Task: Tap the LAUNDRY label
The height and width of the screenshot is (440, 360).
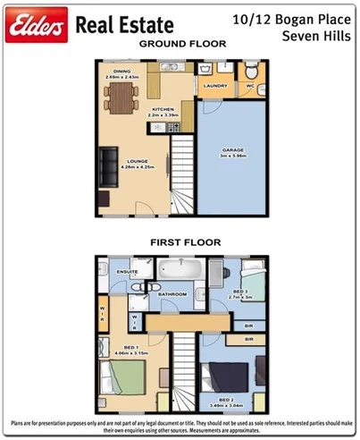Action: click(216, 86)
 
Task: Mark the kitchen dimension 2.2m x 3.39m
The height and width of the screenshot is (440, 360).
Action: click(162, 114)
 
